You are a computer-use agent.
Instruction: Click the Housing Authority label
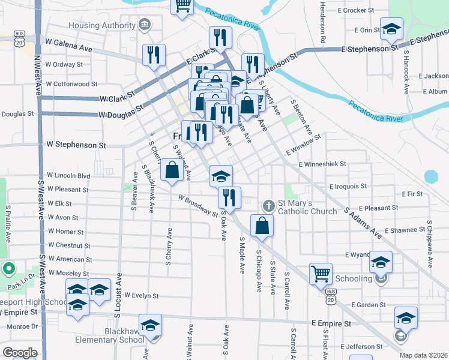click(103, 25)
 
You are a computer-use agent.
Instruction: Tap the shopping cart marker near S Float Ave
click(321, 274)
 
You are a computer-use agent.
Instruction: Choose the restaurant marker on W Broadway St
click(229, 196)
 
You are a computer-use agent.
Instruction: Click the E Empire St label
click(331, 323)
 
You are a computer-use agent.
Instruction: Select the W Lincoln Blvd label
click(68, 176)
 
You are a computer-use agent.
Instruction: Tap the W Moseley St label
click(68, 273)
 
